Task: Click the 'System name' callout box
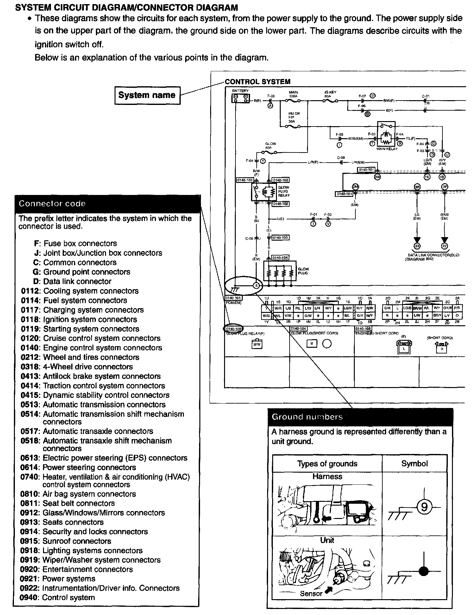tap(147, 95)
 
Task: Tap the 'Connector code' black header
tap(108, 204)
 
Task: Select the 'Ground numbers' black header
tap(360, 417)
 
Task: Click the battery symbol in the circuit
tap(240, 99)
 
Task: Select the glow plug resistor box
tap(280, 271)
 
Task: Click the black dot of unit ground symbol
tap(423, 571)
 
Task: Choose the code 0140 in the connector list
tap(29, 348)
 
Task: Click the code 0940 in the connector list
tap(29, 598)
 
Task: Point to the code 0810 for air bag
tap(29, 494)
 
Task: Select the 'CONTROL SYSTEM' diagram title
tap(257, 82)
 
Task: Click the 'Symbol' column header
tap(414, 463)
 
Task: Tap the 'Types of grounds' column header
tap(327, 463)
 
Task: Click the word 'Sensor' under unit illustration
tap(311, 593)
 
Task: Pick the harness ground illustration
tap(327, 505)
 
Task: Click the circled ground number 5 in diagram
tap(257, 286)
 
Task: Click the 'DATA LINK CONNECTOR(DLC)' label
tap(433, 255)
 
